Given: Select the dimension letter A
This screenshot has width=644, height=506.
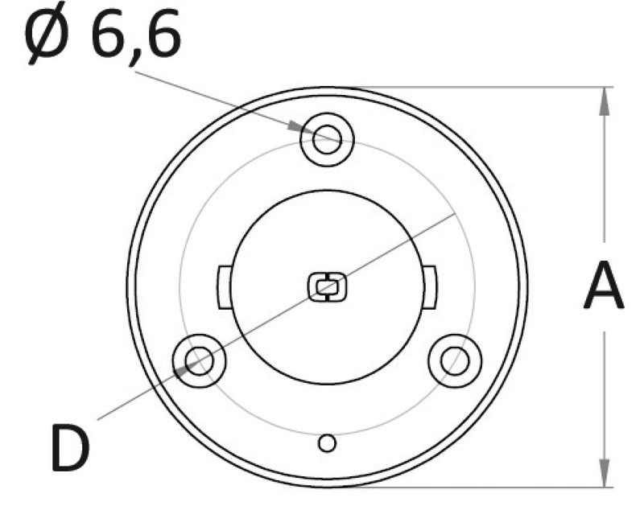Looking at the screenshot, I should [603, 286].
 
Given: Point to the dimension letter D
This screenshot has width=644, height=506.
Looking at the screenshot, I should [70, 448].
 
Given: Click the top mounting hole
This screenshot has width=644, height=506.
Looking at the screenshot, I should [327, 139].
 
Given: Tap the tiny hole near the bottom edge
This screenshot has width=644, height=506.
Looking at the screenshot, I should [327, 442].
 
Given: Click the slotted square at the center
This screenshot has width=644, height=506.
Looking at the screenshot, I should [327, 286].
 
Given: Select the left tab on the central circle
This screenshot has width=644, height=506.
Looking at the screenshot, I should [223, 286].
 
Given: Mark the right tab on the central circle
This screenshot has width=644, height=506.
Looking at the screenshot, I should [431, 286].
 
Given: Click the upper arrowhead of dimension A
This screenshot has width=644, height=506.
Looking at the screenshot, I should [603, 98].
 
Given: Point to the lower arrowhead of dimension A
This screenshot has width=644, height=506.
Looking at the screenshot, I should [603, 475].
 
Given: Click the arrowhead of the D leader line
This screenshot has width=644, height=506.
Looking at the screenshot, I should [183, 368].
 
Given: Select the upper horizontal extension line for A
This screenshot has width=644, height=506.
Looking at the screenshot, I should [483, 86].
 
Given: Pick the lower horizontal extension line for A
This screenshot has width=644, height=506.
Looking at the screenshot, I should [483, 487].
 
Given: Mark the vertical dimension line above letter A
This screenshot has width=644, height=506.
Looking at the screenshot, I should [603, 177].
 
